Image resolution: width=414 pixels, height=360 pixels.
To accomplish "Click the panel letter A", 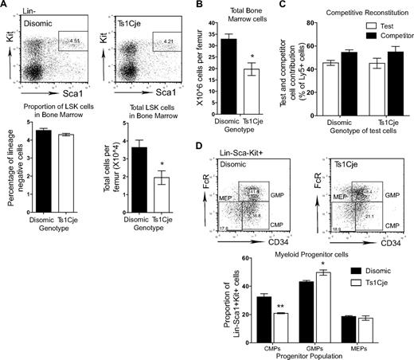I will click(5, 6).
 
